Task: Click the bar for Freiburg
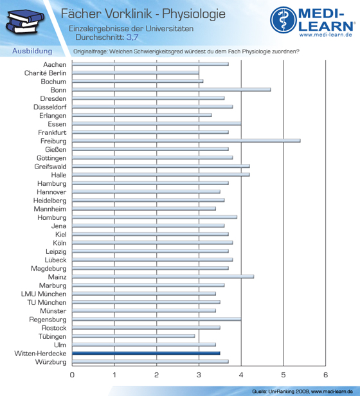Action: point(186,141)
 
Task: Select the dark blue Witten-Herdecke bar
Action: point(146,353)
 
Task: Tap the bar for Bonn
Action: point(171,89)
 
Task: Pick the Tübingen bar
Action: point(133,336)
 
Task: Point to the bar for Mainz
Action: point(163,276)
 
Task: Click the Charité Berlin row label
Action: point(45,73)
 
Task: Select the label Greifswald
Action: point(50,166)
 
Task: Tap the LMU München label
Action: point(44,294)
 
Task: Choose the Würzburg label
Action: point(51,362)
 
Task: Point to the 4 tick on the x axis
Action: point(241,375)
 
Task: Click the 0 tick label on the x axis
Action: point(72,375)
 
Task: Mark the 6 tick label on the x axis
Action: point(325,375)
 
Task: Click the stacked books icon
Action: point(24,21)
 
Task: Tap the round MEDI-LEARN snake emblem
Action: point(283,20)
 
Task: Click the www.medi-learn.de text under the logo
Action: point(326,35)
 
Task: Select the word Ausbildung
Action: point(32,51)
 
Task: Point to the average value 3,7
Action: point(132,37)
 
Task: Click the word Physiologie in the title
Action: point(194,14)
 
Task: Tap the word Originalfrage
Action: point(90,51)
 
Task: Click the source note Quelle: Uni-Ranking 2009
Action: point(280,392)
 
